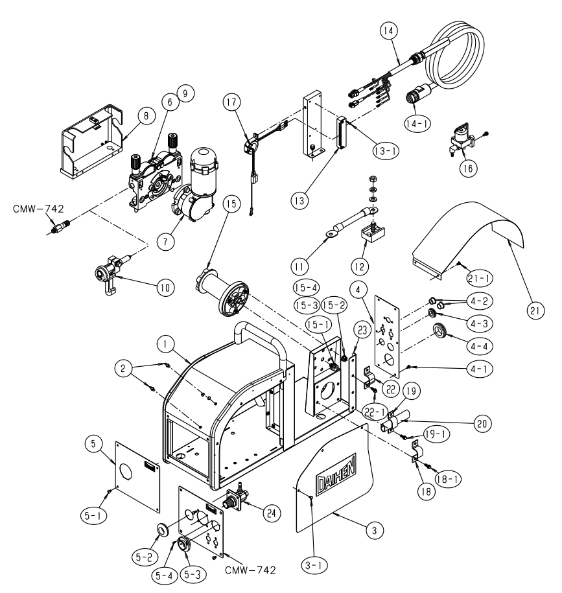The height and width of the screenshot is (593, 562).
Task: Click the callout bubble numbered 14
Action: click(390, 30)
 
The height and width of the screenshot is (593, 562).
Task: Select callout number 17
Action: click(231, 102)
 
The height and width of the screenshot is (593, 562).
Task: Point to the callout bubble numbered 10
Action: click(164, 288)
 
